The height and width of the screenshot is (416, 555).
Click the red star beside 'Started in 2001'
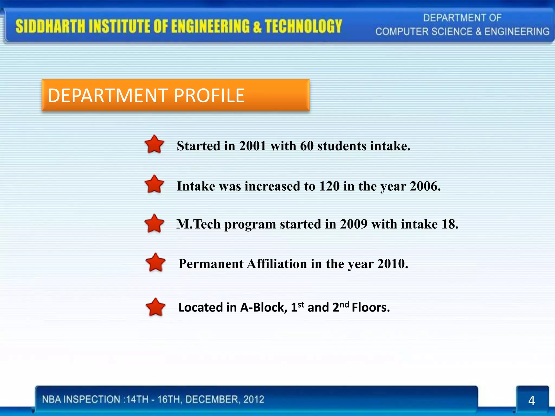click(154, 144)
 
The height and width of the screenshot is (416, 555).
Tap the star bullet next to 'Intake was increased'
click(154, 184)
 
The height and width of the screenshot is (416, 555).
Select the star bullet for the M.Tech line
click(154, 224)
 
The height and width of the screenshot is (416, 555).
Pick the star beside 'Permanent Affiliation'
click(155, 263)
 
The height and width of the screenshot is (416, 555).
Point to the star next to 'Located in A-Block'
click(155, 307)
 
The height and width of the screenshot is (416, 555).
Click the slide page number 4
click(531, 401)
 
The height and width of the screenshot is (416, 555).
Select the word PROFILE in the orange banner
click(209, 96)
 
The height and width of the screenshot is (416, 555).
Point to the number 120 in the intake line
click(329, 186)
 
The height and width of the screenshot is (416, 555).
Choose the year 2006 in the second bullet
click(425, 186)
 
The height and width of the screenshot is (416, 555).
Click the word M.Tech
click(198, 224)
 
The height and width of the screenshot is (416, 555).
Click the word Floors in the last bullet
click(370, 308)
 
